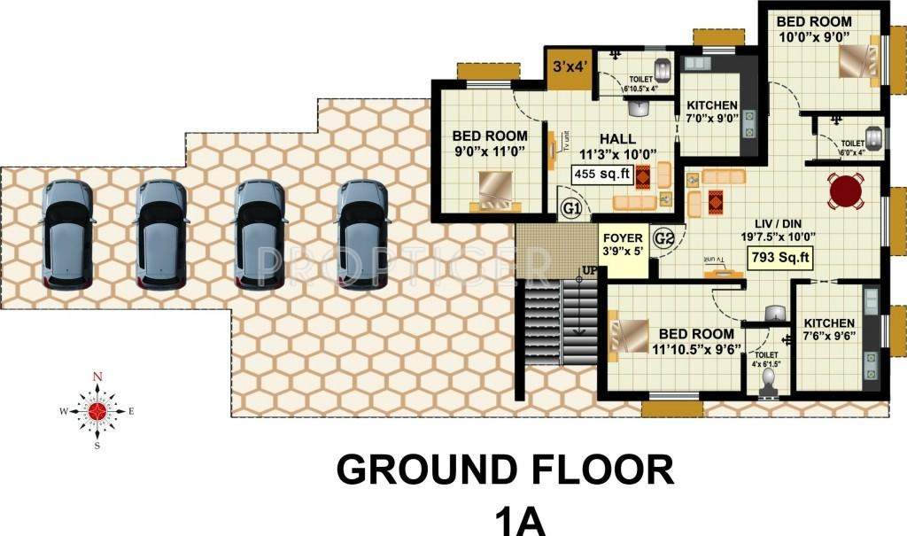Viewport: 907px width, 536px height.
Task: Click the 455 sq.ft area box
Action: tap(601, 175)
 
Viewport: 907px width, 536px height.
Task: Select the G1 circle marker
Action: tap(571, 209)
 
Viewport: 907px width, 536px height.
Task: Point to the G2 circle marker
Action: tap(663, 237)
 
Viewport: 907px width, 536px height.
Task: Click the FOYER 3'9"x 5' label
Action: tap(623, 245)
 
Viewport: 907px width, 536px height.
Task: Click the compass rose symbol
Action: tap(97, 410)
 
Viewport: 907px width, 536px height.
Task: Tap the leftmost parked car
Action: tap(67, 235)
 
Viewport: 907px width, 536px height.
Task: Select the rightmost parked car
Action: tap(363, 235)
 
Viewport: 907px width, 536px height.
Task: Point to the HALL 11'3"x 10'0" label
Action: tap(616, 146)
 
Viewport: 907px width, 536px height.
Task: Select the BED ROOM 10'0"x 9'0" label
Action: tap(814, 28)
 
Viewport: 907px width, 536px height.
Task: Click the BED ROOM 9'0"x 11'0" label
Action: tap(489, 144)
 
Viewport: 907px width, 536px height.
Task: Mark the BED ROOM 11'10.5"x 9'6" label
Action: tap(694, 340)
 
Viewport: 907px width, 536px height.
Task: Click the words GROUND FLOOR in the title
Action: tap(505, 469)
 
